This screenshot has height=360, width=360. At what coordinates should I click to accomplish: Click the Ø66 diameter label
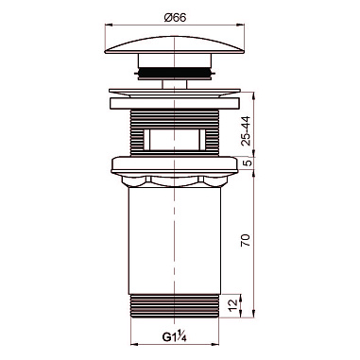[x=175, y=18]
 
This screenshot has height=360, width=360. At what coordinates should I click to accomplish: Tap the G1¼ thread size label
[x=175, y=337]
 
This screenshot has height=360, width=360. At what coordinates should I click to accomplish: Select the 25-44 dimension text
[x=247, y=130]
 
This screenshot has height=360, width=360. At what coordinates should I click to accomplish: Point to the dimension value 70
[x=246, y=240]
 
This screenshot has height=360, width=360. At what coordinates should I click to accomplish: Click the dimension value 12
[x=231, y=306]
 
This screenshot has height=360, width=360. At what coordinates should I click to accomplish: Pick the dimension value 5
[x=248, y=163]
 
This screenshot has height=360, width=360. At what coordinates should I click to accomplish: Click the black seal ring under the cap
[x=175, y=73]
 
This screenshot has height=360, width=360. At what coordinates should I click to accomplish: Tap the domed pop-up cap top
[x=175, y=44]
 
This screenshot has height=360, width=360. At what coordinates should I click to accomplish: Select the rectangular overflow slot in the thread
[x=174, y=139]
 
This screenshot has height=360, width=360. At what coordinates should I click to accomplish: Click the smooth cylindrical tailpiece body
[x=175, y=241]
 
